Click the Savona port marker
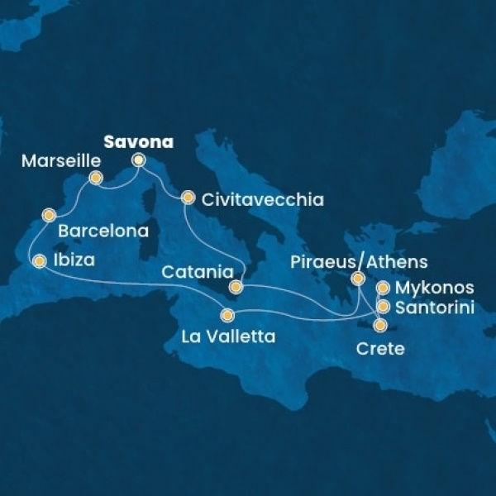click(x=138, y=160)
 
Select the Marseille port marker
click(x=96, y=177)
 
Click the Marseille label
click(x=55, y=160)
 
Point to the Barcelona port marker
click(x=49, y=217)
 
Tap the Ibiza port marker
click(x=39, y=261)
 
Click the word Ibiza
click(x=73, y=260)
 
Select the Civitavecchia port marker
click(x=188, y=198)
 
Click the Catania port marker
click(x=236, y=288)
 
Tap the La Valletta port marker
click(x=227, y=315)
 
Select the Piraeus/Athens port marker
click(x=358, y=279)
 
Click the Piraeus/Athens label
click(x=360, y=262)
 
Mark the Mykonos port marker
click(x=384, y=289)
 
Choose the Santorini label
click(x=434, y=308)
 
